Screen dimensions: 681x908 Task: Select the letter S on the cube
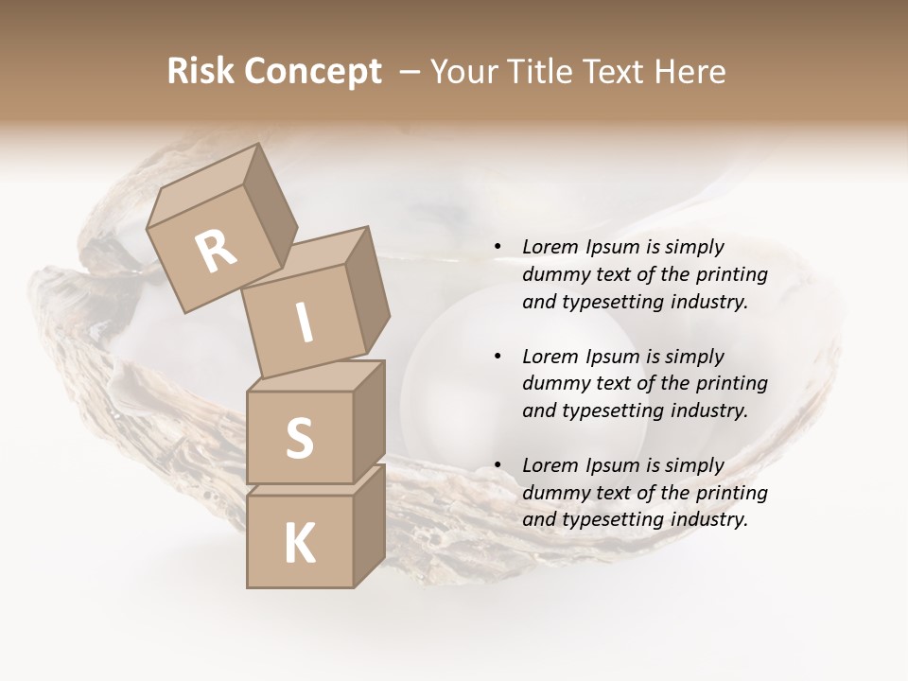coord(299,438)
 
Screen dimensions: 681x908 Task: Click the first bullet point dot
coord(497,248)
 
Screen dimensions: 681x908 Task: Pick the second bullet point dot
coord(497,357)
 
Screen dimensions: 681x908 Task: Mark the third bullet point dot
coord(497,465)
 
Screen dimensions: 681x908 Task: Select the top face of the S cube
coord(313,377)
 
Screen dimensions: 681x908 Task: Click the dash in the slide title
coord(410,71)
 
